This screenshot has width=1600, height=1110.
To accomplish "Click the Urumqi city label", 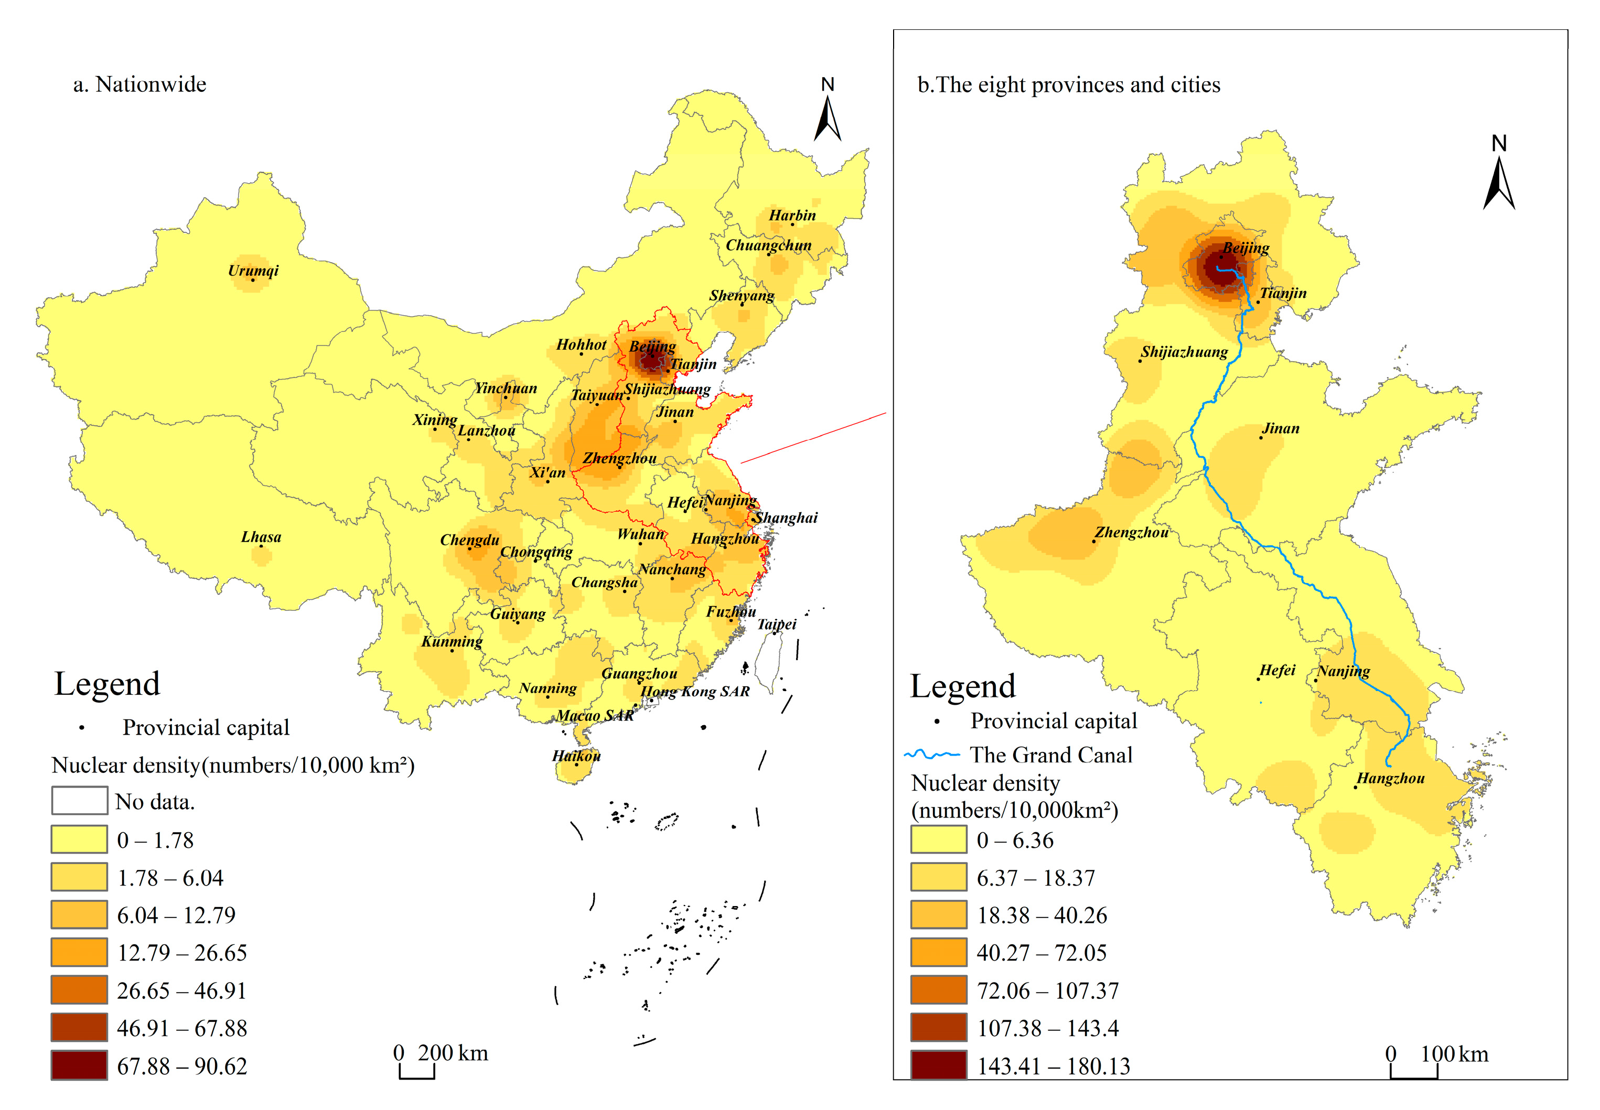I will point(253,271).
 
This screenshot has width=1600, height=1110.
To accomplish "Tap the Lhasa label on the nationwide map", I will point(261,537).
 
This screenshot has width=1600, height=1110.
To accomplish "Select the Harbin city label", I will point(792,215).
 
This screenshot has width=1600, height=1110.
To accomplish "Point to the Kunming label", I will point(452,641).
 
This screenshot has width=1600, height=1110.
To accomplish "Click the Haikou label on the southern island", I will point(576,756).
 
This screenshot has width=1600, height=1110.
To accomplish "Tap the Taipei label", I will point(776,624).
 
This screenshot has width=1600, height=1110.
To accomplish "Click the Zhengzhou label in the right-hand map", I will point(1131,533).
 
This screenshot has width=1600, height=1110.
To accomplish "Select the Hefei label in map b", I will point(1277,671).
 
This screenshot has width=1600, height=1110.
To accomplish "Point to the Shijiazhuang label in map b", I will point(1184,352).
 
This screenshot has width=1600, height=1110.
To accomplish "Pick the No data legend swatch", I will point(79,801).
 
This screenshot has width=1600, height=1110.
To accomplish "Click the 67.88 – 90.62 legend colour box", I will point(79,1065).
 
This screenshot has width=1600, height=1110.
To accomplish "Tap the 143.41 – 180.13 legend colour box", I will point(938,1065).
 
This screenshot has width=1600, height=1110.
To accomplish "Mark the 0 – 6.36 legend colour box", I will point(938,839).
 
